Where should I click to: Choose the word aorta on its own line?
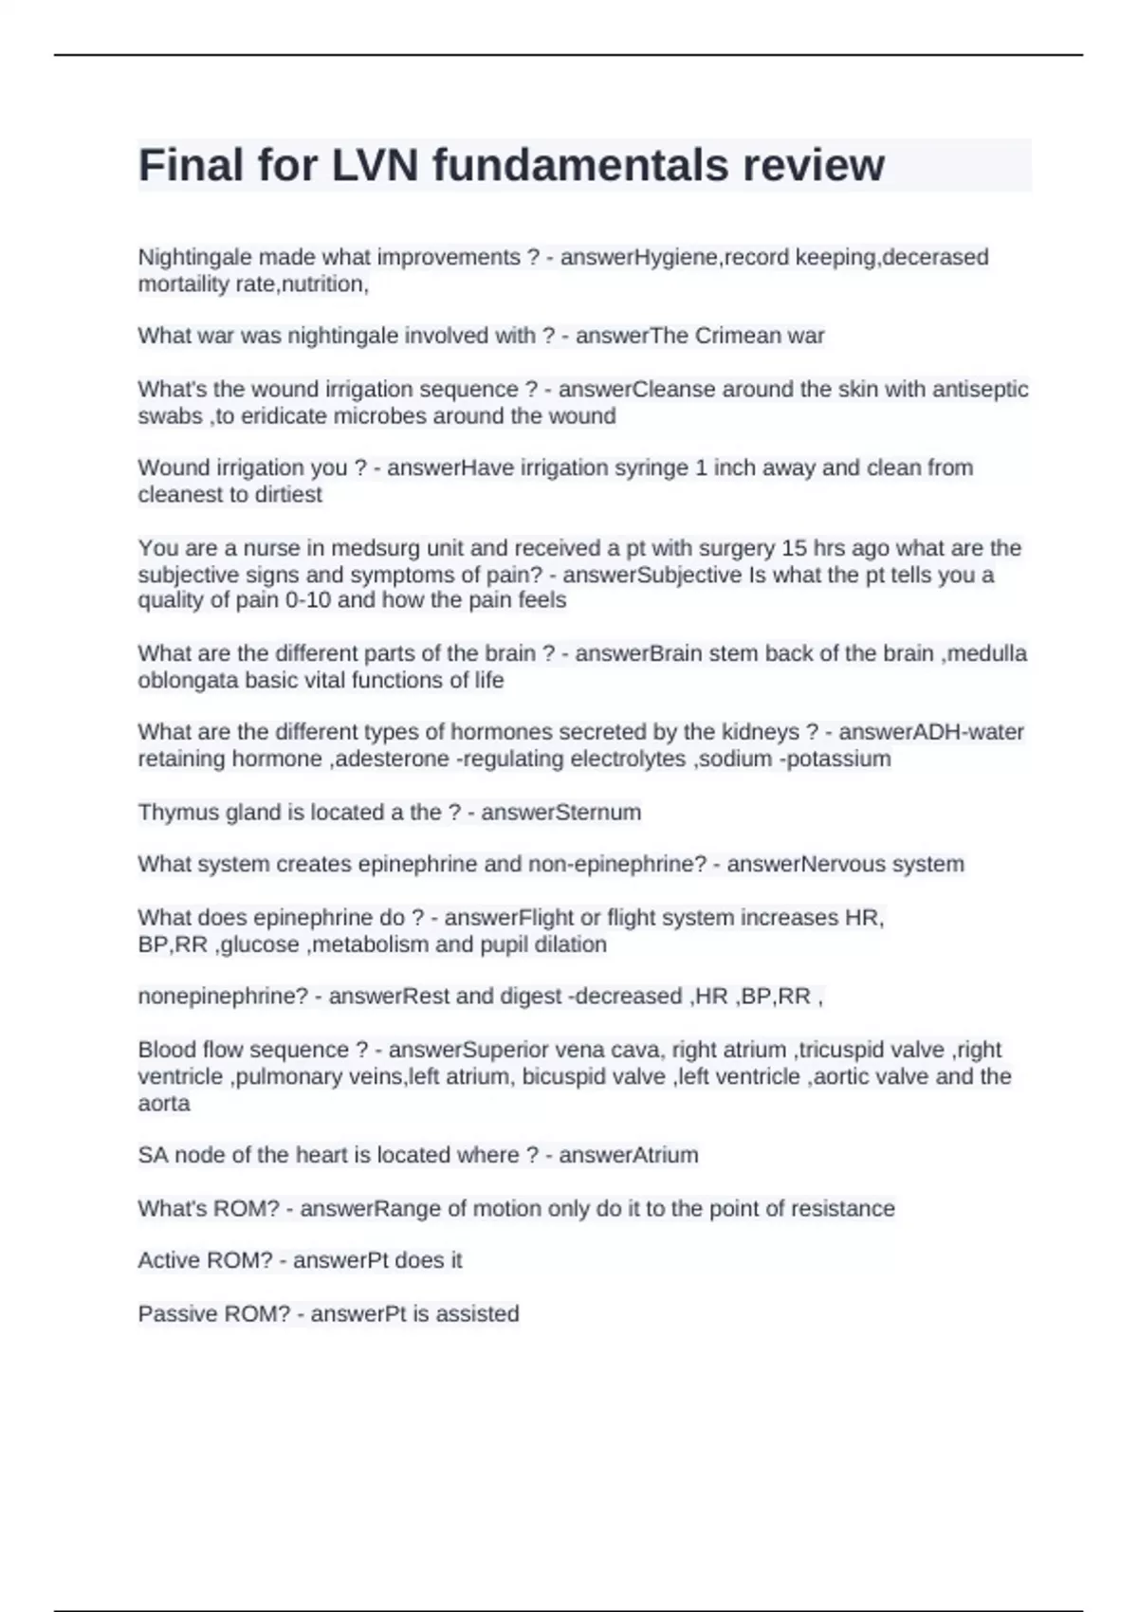pyautogui.click(x=164, y=1103)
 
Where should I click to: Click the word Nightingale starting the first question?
pyautogui.click(x=194, y=257)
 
